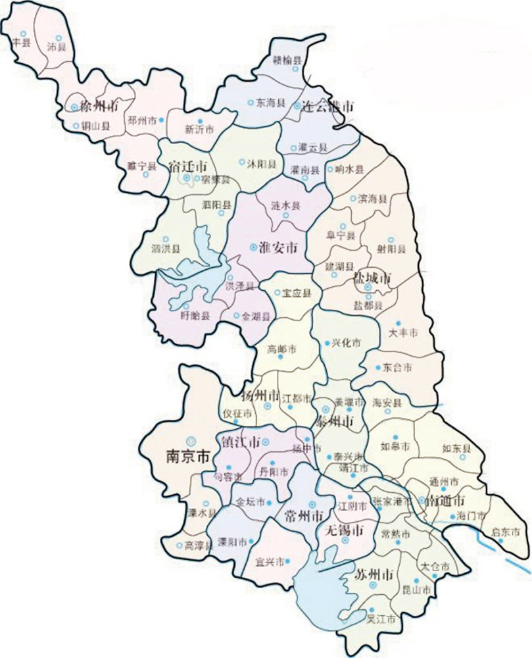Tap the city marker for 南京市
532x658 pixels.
191,440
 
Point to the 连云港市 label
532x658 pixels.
328,106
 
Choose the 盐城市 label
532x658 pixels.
373,277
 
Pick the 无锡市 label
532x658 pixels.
341,530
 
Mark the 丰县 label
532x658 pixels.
22,43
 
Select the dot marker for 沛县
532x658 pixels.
58,38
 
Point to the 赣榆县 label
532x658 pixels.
287,61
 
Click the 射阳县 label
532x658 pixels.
391,249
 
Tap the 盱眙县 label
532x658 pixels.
196,316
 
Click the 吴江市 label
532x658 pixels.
381,619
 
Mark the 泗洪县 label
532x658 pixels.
166,249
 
